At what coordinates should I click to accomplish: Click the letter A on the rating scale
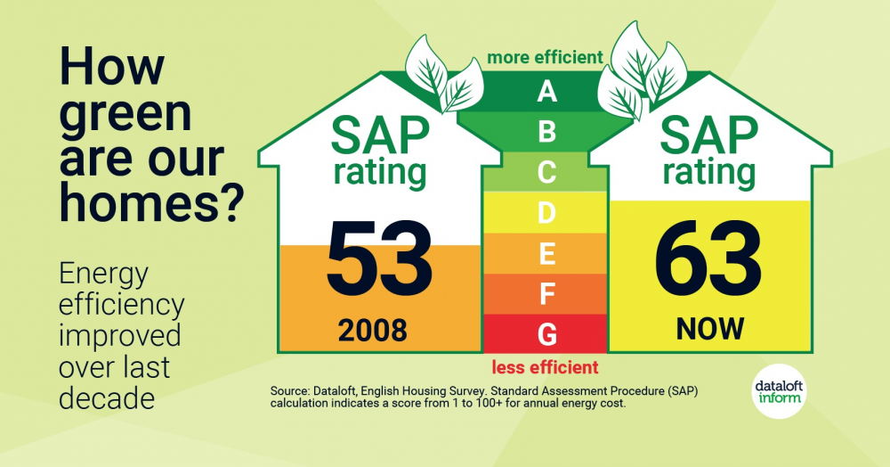(546, 91)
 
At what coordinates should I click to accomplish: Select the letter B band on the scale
(546, 132)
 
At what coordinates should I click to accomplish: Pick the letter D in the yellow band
(546, 213)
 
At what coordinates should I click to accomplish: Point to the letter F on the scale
(546, 294)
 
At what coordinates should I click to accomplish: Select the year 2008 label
(372, 331)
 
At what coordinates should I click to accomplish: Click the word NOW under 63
(709, 329)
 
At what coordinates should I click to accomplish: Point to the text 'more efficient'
(545, 58)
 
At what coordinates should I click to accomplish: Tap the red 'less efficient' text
(545, 367)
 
